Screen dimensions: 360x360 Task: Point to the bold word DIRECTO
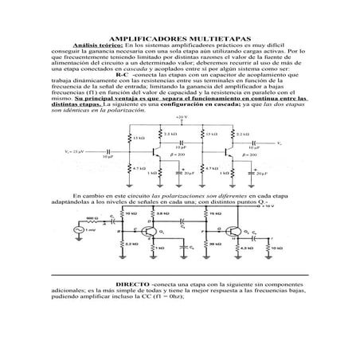132,284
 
